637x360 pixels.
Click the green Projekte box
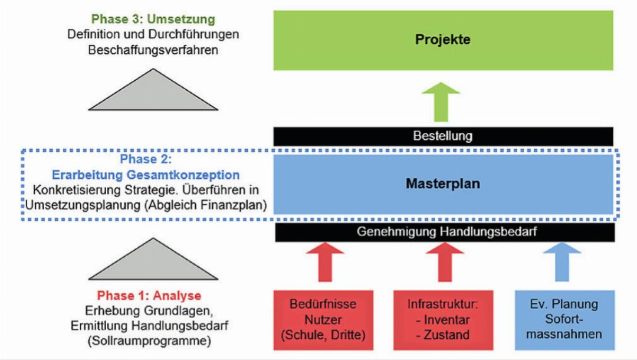(443, 40)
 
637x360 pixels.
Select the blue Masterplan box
(443, 184)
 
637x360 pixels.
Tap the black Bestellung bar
(443, 136)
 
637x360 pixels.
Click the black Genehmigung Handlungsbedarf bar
(445, 232)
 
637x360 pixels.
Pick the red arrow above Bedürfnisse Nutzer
(325, 262)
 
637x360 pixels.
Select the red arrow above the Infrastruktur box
(445, 262)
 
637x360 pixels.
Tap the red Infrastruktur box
(443, 319)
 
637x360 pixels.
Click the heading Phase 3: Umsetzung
(153, 19)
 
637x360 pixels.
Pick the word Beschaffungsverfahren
(153, 50)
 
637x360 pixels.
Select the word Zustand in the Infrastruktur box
(447, 335)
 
